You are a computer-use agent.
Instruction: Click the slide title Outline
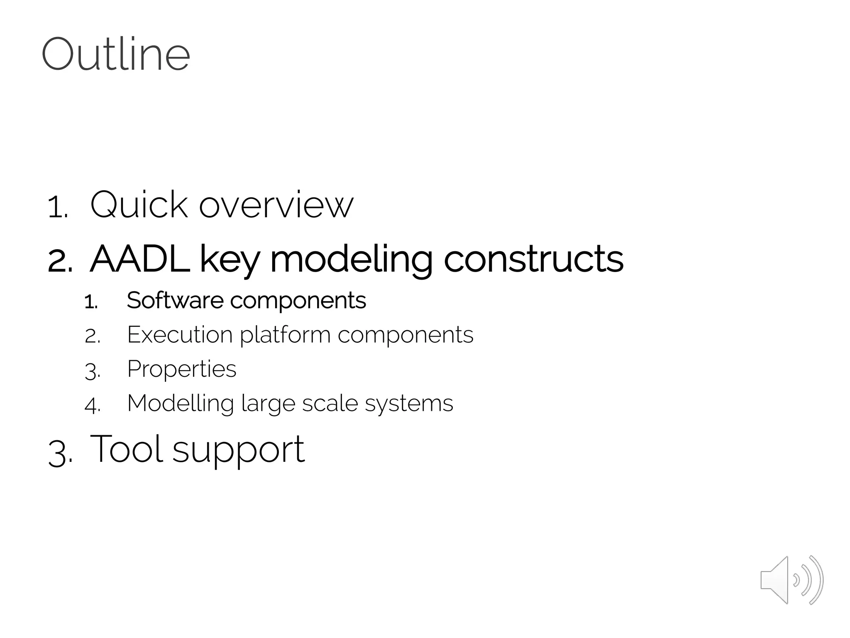[116, 54]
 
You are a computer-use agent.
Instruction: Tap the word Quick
[139, 204]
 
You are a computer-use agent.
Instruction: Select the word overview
[276, 205]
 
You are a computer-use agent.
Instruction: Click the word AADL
[139, 259]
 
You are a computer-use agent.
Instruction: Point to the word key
[230, 260]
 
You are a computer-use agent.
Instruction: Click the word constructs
[533, 259]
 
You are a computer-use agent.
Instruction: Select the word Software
[175, 300]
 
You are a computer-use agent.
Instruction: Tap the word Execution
[179, 334]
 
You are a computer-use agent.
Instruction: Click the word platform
[285, 336]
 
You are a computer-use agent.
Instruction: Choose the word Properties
[181, 369]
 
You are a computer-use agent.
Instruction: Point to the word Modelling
[180, 404]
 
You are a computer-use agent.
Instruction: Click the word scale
[330, 403]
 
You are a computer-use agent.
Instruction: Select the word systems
[409, 404]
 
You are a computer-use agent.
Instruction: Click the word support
[238, 451]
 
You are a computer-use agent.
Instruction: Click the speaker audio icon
[791, 580]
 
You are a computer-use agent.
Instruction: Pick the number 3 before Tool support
[59, 454]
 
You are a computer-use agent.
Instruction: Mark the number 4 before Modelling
[92, 405]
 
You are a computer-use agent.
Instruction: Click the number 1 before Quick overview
[57, 207]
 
